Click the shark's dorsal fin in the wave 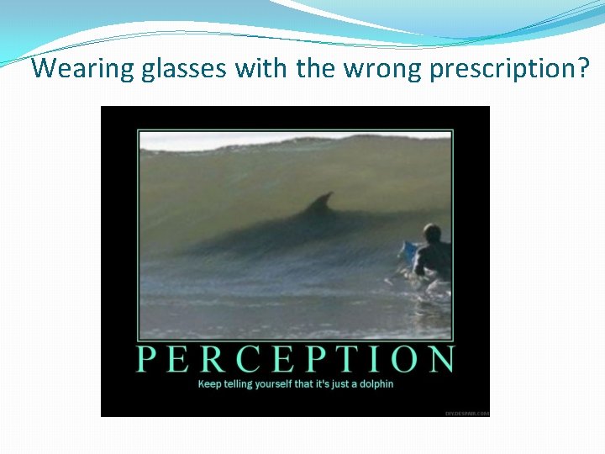[320, 203]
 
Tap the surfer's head [432, 233]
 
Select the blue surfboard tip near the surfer [408, 250]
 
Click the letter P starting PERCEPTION [147, 359]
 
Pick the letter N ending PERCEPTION [441, 359]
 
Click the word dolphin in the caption [375, 384]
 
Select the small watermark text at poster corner [466, 413]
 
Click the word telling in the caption [239, 384]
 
